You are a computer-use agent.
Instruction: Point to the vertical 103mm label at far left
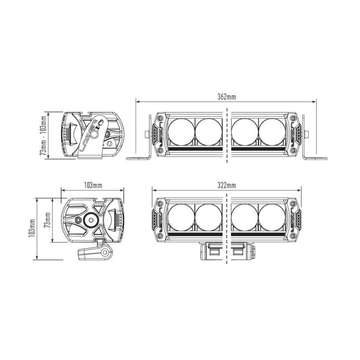33,228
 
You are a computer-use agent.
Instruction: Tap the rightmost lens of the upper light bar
272,131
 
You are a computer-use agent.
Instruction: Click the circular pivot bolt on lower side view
89,220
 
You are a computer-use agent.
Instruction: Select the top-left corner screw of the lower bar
161,203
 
